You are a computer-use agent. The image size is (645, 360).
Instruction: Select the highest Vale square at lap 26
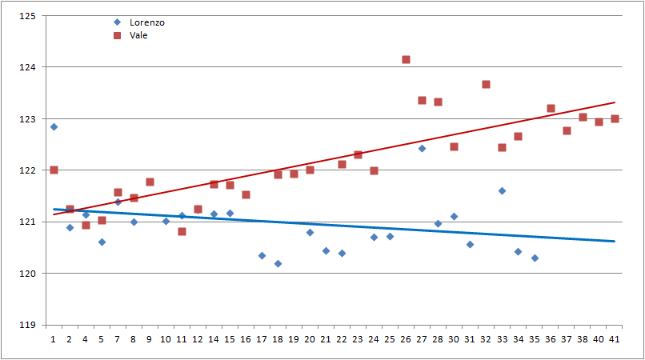[406, 59]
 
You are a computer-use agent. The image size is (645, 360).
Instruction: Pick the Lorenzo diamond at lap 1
[54, 126]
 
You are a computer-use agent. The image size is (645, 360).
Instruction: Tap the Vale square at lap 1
[54, 170]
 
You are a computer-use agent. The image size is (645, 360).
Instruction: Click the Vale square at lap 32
[486, 84]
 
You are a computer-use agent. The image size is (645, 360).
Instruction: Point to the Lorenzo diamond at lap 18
[278, 263]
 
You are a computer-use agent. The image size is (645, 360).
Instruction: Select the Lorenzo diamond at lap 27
[422, 148]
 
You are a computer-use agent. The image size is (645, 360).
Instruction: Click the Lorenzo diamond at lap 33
[502, 190]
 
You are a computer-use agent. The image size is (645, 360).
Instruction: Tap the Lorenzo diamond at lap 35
[535, 258]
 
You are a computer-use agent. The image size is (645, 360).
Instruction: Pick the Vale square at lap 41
[615, 118]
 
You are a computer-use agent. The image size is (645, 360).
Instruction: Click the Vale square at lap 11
[182, 231]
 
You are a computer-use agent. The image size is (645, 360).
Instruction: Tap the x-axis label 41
[615, 339]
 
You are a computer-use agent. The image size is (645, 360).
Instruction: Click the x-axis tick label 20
[310, 339]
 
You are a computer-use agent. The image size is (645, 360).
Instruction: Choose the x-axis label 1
[54, 339]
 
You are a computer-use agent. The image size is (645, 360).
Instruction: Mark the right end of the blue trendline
[615, 241]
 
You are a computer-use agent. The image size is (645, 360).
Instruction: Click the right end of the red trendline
[615, 102]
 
